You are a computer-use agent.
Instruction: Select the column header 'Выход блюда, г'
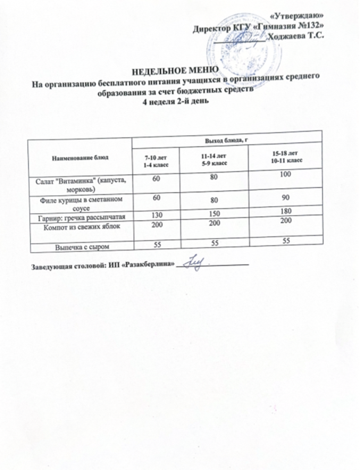pos(226,140)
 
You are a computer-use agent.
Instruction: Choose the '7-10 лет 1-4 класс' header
pos(155,161)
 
